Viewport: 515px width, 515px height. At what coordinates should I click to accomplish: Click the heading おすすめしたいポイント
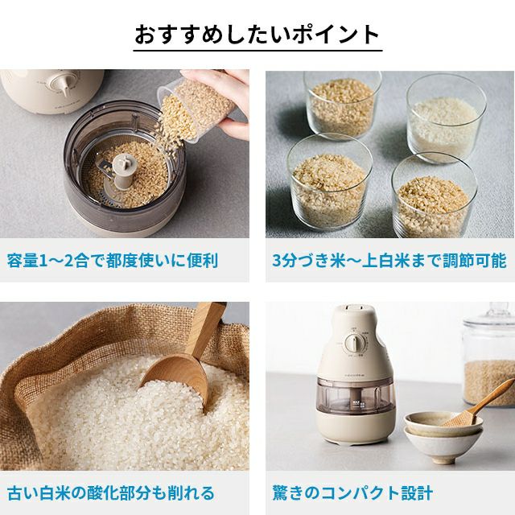[257, 34]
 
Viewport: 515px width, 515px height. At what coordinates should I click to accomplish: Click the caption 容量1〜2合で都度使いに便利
[113, 261]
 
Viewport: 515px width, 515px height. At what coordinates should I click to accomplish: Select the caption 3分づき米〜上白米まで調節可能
[389, 261]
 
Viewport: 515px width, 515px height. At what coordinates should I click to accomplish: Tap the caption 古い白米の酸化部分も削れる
[111, 493]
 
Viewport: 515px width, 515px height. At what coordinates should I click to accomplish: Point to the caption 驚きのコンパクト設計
[352, 493]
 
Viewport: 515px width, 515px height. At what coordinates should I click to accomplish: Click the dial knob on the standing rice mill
[353, 344]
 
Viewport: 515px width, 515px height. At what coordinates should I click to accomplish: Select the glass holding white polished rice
[446, 118]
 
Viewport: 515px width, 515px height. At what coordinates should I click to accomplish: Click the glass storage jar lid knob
[501, 309]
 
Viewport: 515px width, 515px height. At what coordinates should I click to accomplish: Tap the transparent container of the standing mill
[356, 396]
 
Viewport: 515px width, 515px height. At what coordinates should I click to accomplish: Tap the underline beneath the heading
[257, 51]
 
